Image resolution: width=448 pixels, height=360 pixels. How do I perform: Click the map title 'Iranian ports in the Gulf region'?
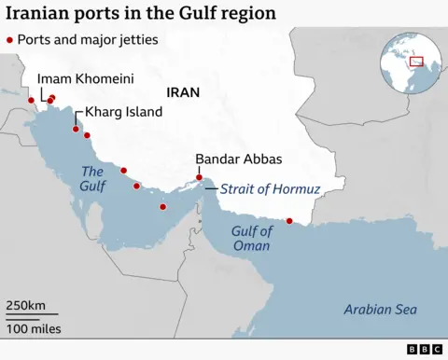pyautogui.click(x=140, y=13)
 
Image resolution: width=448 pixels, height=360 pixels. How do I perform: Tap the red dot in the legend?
pyautogui.click(x=10, y=40)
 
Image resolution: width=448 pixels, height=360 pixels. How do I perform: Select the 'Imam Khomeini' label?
pyautogui.click(x=77, y=80)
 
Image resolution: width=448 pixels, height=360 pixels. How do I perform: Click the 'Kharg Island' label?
pyautogui.click(x=123, y=112)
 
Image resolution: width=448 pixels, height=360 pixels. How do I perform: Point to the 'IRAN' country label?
pyautogui.click(x=184, y=92)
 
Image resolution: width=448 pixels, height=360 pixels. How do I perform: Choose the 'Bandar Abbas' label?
pyautogui.click(x=239, y=159)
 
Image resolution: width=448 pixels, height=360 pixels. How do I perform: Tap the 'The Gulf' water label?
pyautogui.click(x=92, y=179)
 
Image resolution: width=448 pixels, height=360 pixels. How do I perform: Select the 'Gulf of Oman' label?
pyautogui.click(x=252, y=239)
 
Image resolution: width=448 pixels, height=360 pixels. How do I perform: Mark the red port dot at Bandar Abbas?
pyautogui.click(x=199, y=177)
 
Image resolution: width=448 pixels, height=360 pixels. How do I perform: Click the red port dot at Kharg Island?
pyautogui.click(x=77, y=130)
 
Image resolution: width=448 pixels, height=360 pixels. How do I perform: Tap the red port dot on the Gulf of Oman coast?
pyautogui.click(x=289, y=221)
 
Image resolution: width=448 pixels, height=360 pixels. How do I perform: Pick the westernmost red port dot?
pyautogui.click(x=31, y=100)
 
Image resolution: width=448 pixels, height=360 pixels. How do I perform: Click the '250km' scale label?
pyautogui.click(x=26, y=305)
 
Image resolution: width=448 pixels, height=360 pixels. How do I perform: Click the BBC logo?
pyautogui.click(x=425, y=349)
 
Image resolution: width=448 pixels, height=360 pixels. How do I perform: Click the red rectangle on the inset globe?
pyautogui.click(x=416, y=62)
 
